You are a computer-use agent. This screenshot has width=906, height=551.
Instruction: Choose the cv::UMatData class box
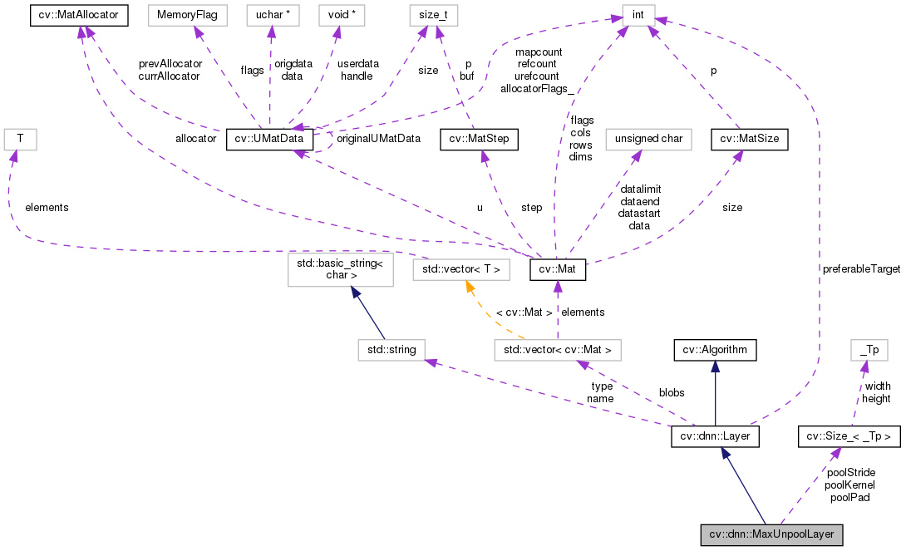tap(270, 139)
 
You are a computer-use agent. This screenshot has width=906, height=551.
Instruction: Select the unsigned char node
tap(648, 139)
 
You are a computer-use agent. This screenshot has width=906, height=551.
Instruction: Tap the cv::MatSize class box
tap(750, 139)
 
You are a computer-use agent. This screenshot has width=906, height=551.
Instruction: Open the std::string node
tap(391, 350)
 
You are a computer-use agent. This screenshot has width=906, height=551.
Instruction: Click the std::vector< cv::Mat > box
tap(557, 350)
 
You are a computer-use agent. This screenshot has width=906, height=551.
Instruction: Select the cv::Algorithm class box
tap(715, 350)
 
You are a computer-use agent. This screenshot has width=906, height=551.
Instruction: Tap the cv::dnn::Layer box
tap(715, 435)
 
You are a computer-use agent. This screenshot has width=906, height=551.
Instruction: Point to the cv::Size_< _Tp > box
tap(849, 435)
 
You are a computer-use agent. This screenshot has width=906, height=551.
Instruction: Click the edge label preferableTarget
tap(860, 269)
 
